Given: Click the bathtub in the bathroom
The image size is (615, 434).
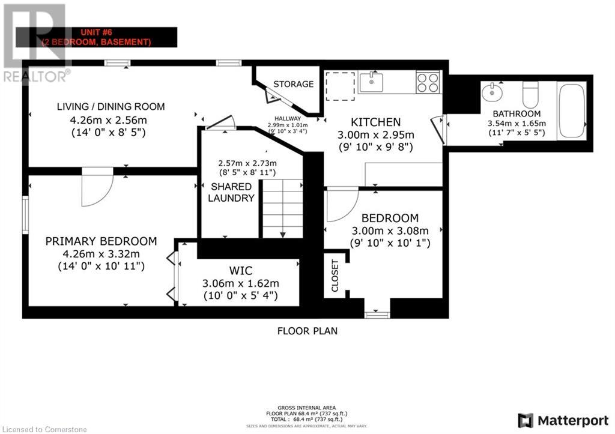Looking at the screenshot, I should [x=571, y=112].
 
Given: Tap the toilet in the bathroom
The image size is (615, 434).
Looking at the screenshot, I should [x=530, y=95].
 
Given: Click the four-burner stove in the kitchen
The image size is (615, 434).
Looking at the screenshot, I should [x=428, y=82].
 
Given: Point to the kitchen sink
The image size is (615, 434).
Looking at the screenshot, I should [x=371, y=82].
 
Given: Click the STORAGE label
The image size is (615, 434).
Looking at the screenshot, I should [x=293, y=84].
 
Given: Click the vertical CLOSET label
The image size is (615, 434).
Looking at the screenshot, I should [x=335, y=276].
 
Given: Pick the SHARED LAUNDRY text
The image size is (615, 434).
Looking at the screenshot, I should [x=232, y=192].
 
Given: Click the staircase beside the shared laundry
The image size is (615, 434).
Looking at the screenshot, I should [x=282, y=208].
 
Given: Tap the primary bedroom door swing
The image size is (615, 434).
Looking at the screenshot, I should [x=97, y=186].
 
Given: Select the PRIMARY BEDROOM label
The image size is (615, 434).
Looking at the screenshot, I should [x=101, y=241].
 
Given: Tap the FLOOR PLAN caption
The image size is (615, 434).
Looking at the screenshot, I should [x=307, y=330].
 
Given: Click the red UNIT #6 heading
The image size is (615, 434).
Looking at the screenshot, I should [x=96, y=32].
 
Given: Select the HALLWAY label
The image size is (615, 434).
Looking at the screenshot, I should [x=283, y=119].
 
